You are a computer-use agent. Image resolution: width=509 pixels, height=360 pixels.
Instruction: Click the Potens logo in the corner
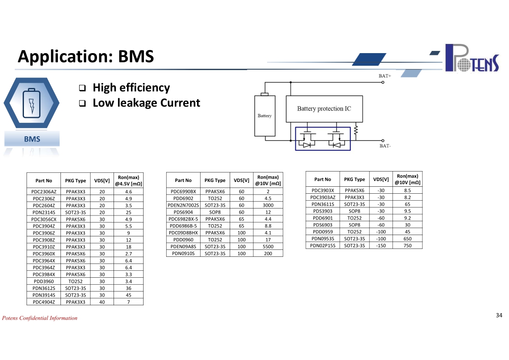[x=472, y=58]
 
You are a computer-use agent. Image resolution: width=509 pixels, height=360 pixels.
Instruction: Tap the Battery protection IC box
[x=324, y=109]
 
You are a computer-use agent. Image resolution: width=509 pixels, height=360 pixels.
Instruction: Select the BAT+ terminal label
[x=385, y=76]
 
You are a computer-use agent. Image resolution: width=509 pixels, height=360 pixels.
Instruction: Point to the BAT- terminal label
[x=385, y=146]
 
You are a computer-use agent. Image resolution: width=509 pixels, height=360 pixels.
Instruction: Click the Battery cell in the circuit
[x=265, y=115]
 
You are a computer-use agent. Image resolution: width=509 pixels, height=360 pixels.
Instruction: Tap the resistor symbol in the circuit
[x=356, y=131]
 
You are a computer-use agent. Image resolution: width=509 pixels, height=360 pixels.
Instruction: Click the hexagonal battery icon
[x=31, y=103]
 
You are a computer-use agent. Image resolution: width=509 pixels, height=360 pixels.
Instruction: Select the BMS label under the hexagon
[x=32, y=139]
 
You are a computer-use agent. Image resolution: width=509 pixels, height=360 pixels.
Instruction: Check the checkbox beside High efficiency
[x=83, y=88]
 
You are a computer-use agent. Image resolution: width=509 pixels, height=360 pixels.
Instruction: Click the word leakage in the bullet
[x=137, y=103]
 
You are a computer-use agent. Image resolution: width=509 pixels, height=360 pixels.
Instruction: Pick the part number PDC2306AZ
[x=44, y=192]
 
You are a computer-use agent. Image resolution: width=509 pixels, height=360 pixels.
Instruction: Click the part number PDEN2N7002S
[x=183, y=205]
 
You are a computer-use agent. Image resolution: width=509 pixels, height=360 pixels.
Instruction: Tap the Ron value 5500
[x=268, y=247]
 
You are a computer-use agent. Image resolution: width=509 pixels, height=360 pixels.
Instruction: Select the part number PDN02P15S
[x=323, y=246]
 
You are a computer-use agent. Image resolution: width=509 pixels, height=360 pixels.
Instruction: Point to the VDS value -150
[x=381, y=246]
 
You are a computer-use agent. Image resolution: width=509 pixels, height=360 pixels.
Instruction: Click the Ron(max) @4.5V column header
[x=128, y=181]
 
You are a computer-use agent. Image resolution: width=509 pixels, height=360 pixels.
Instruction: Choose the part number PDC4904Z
[x=44, y=302]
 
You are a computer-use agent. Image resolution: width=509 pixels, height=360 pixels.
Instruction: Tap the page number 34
[x=499, y=315]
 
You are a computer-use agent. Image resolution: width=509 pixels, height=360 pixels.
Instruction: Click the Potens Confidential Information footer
[x=40, y=318]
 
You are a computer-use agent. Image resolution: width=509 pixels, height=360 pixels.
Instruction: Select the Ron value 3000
[x=268, y=205]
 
